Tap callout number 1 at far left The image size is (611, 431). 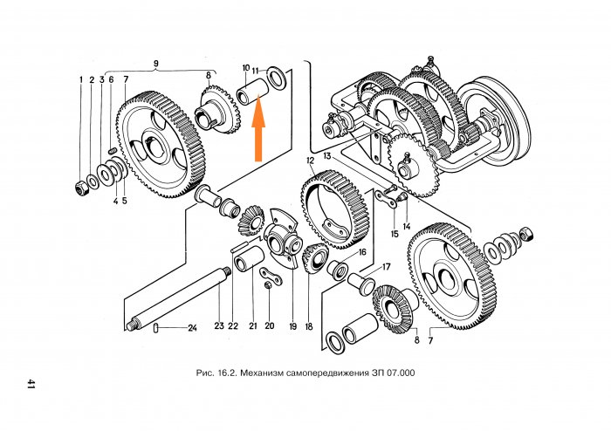click(x=79, y=79)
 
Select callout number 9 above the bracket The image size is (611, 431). click(x=156, y=63)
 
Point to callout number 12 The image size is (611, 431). click(x=310, y=161)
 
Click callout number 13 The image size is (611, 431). click(x=326, y=154)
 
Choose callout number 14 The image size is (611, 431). click(x=407, y=224)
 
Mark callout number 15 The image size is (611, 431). click(x=395, y=234)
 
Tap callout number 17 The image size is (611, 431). click(x=385, y=267)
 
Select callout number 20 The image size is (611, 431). click(x=270, y=325)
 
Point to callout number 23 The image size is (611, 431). click(x=219, y=325)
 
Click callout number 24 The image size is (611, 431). click(x=192, y=328)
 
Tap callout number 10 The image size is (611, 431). click(x=245, y=67)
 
